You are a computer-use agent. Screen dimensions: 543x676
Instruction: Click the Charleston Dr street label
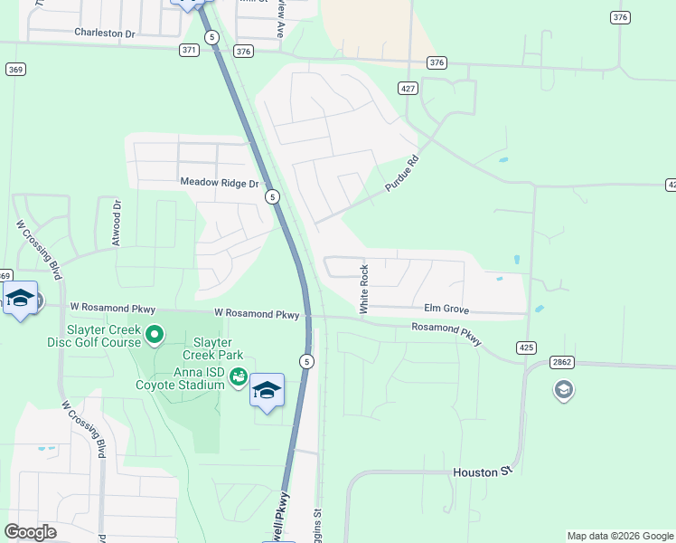[x=104, y=33]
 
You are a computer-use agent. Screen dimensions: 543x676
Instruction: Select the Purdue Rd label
[x=403, y=171]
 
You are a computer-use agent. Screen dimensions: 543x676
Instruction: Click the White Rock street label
[x=365, y=290]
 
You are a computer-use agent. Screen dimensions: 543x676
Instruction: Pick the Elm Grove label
[x=446, y=310]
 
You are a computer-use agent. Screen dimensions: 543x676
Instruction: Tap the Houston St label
[x=483, y=472]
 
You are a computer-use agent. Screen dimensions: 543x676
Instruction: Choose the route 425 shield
[x=527, y=348]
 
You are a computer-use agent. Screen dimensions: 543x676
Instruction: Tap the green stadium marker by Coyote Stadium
[x=238, y=376]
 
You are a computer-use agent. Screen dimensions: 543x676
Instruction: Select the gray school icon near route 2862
[x=564, y=390]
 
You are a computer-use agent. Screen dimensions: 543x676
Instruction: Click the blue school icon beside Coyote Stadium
[x=267, y=390]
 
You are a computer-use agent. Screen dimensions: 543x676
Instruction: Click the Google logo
[x=30, y=532]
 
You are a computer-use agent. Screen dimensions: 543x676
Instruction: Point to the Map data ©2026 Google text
[x=619, y=536]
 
